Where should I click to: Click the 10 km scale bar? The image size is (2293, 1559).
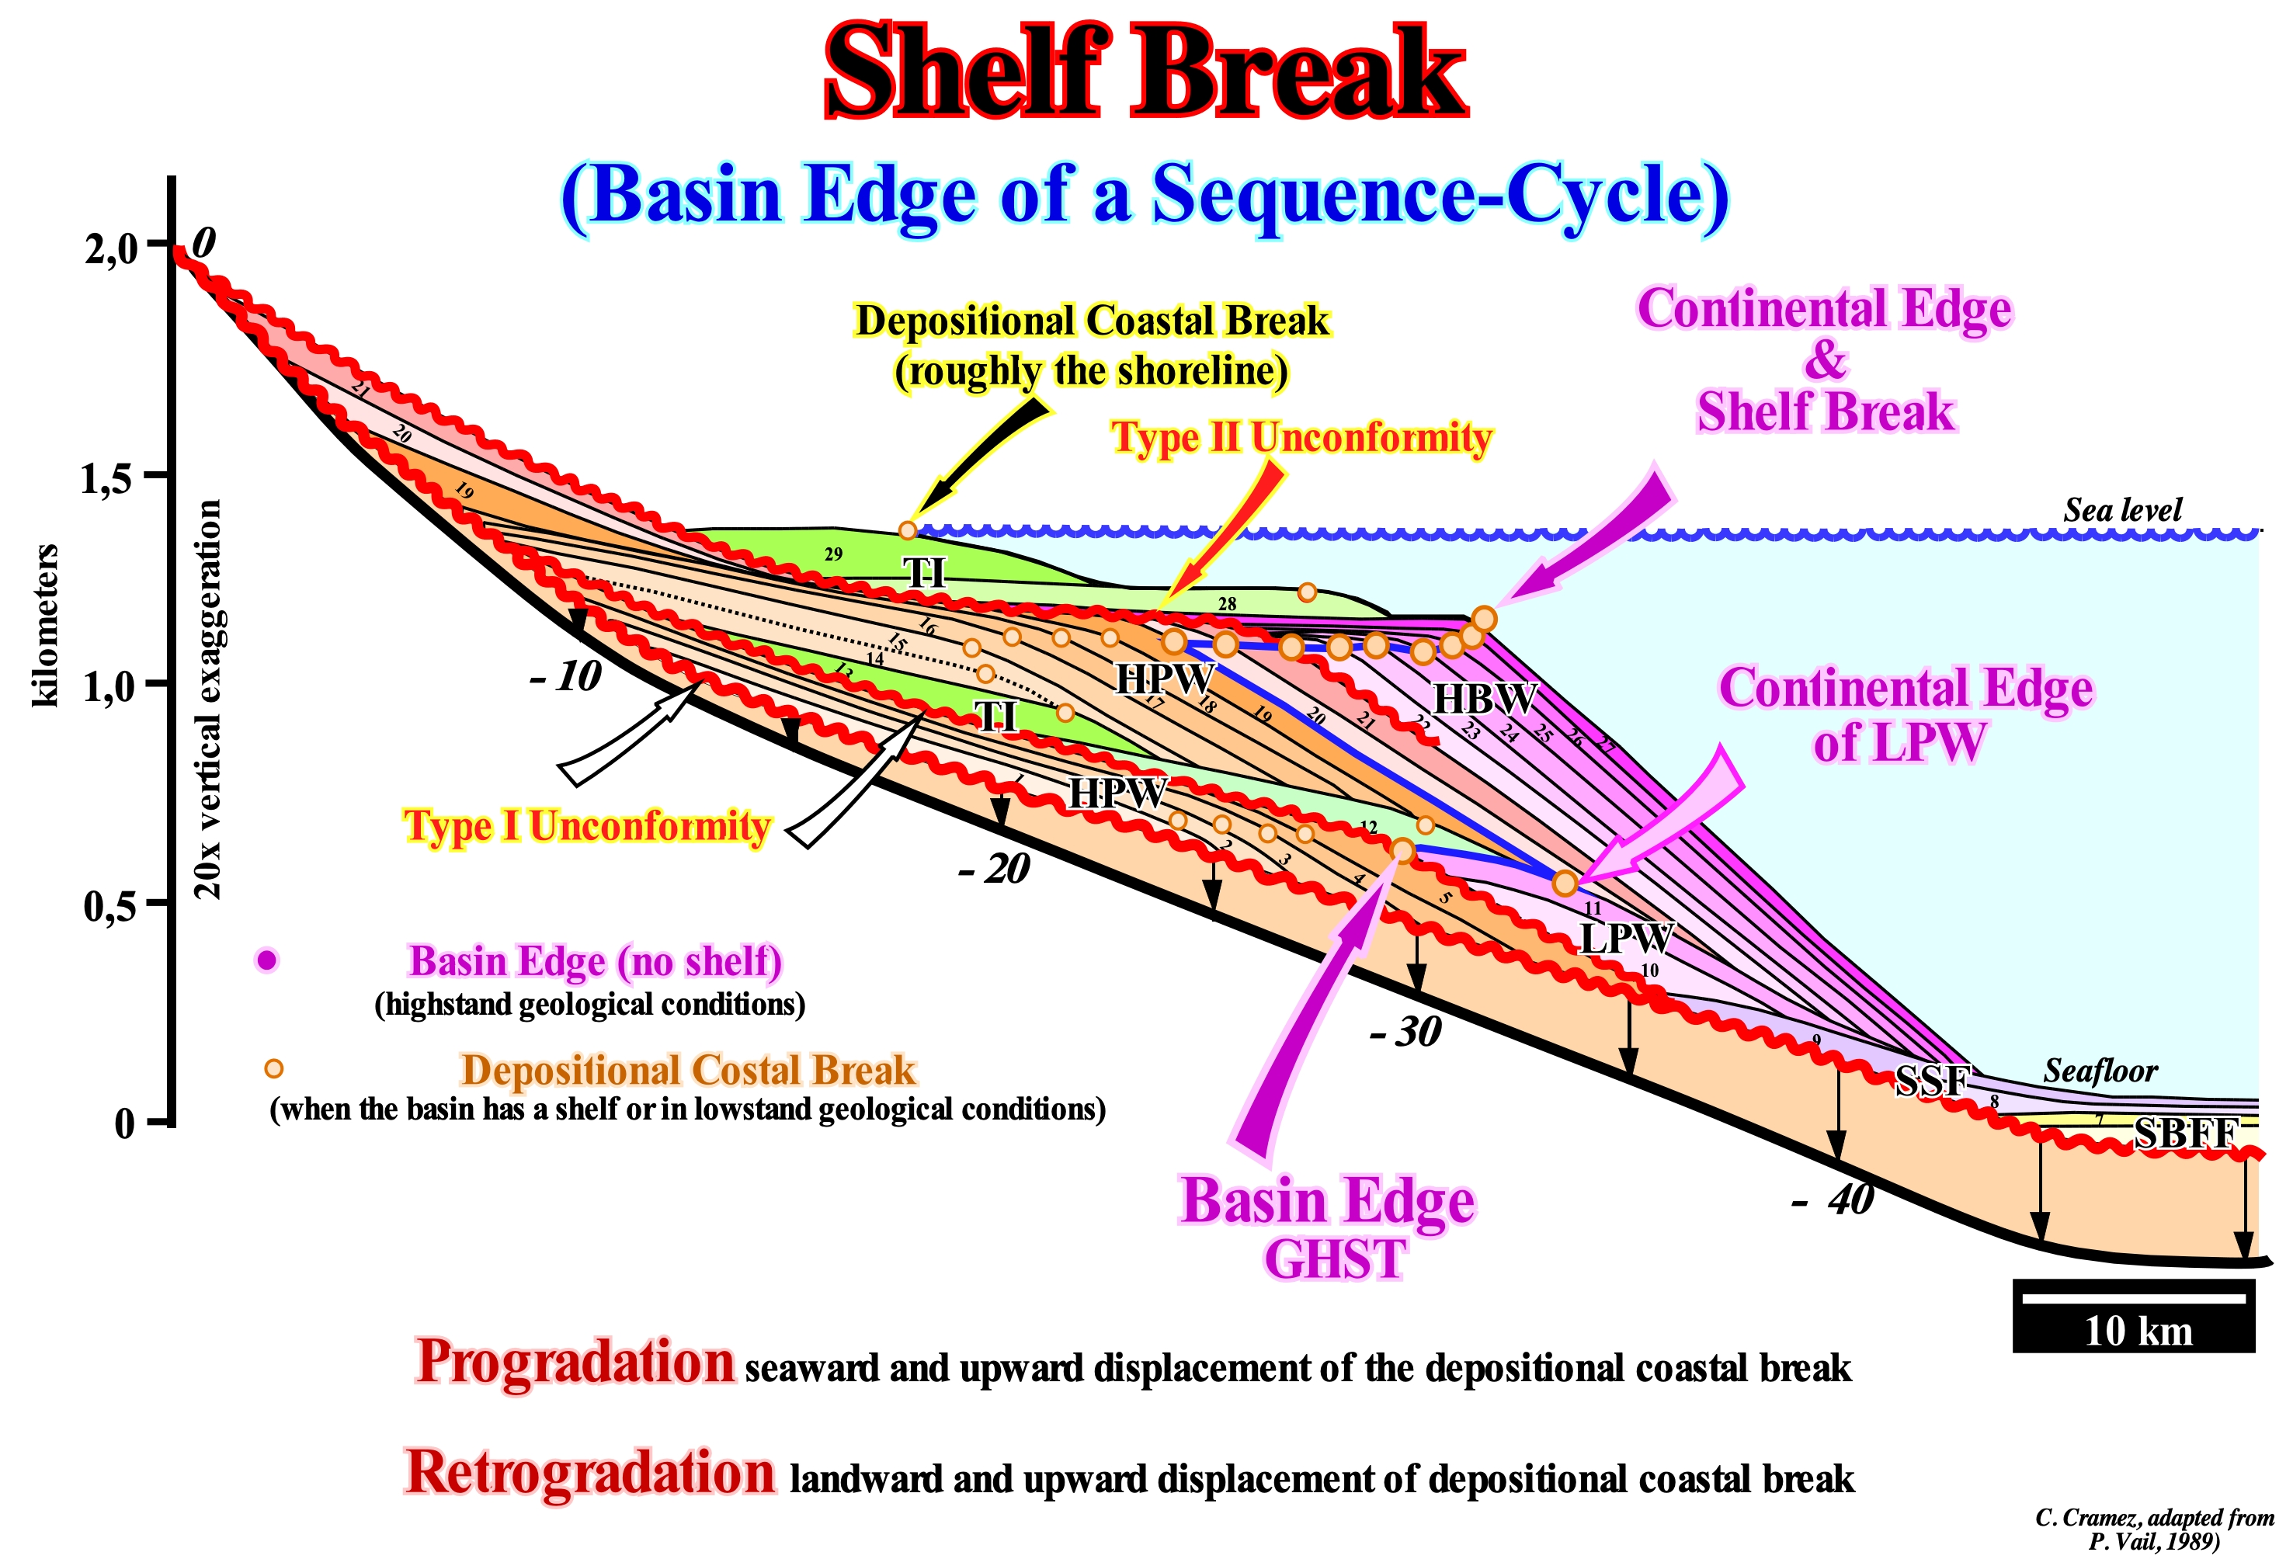[x=2133, y=1316]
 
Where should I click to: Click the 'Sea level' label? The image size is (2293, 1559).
[x=2122, y=509]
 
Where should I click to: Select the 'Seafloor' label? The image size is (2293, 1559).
[x=2100, y=1071]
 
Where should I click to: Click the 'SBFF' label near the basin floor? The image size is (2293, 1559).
[x=2184, y=1133]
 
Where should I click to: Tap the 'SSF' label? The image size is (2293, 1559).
[x=1932, y=1081]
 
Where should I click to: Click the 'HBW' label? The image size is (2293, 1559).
[x=1484, y=699]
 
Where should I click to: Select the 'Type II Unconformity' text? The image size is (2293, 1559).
[x=1301, y=437]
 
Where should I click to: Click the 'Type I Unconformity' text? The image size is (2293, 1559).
[x=586, y=826]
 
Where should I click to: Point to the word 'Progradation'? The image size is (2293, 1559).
[x=575, y=1363]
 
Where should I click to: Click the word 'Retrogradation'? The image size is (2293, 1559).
[x=590, y=1473]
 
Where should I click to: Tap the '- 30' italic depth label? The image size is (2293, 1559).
[x=1406, y=1032]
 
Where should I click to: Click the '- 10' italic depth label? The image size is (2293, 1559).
[x=565, y=677]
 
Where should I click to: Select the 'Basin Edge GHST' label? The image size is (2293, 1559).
[x=1328, y=1228]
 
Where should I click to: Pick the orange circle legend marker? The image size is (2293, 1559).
[x=273, y=1068]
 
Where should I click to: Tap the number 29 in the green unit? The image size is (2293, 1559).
[x=834, y=554]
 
